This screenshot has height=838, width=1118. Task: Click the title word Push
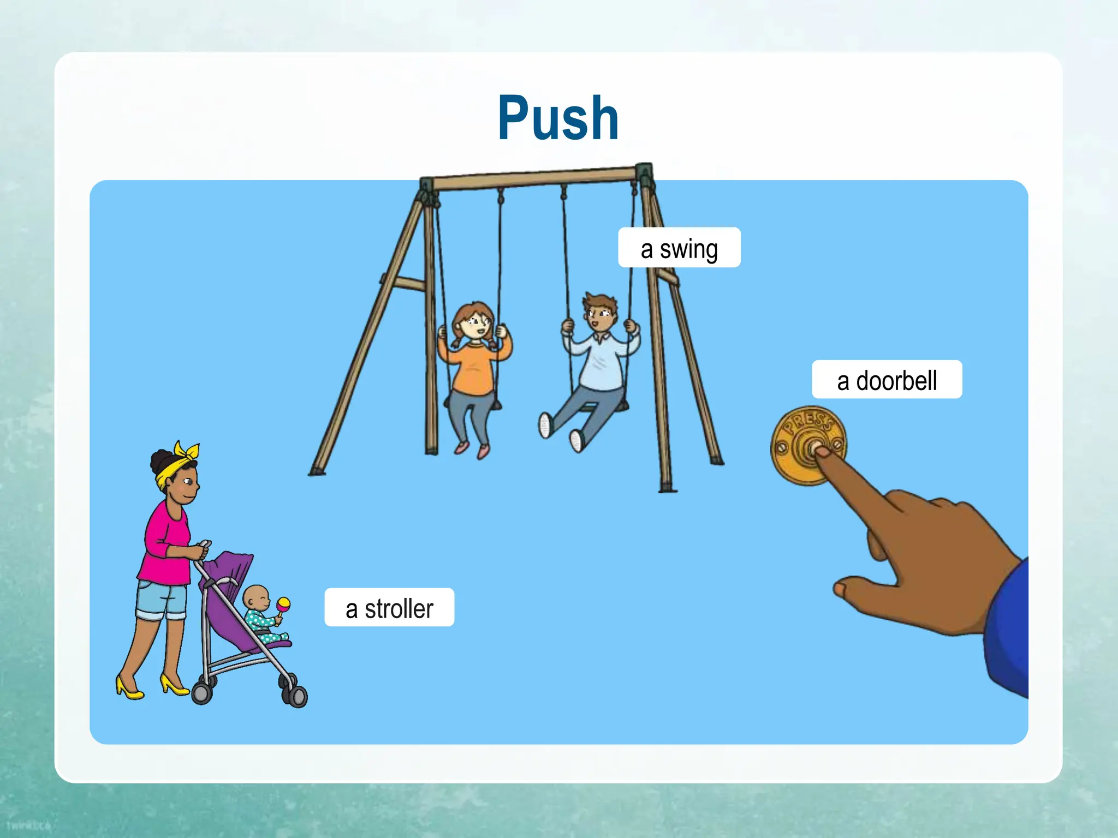click(x=558, y=118)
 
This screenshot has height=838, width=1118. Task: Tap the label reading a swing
click(x=679, y=248)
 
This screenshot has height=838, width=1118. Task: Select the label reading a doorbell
click(x=887, y=380)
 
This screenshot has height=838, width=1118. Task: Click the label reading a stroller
click(x=389, y=608)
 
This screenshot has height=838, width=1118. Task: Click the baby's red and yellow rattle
click(x=283, y=604)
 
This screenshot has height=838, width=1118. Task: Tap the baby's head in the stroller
click(x=255, y=598)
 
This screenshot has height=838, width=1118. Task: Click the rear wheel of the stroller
click(x=201, y=693)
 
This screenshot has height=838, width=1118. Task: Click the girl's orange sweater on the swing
click(x=474, y=366)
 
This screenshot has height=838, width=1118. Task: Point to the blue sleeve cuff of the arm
click(x=1010, y=627)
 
